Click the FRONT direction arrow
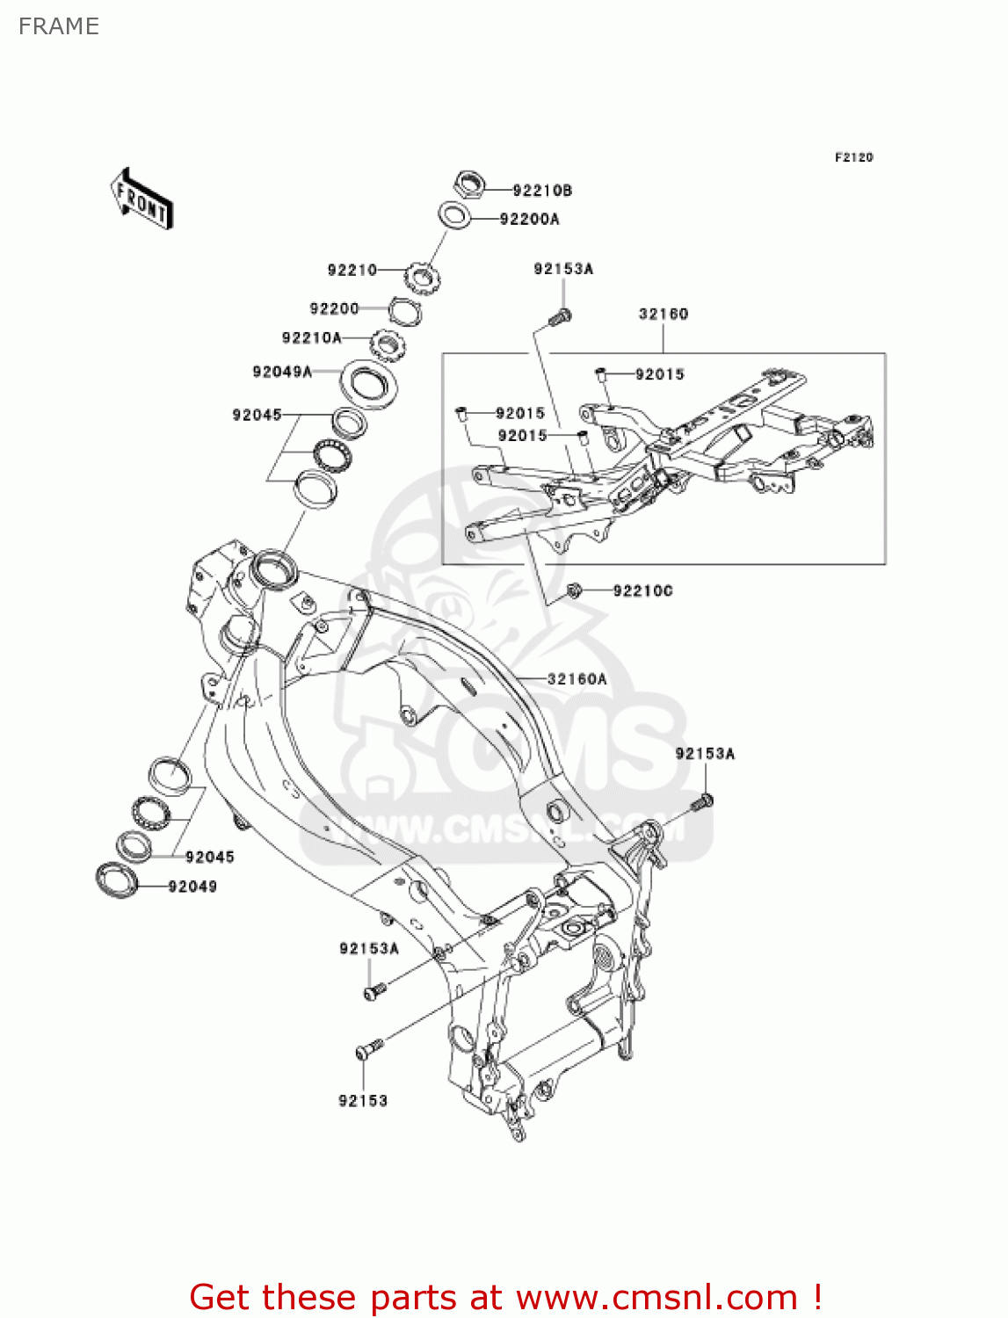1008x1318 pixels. [141, 199]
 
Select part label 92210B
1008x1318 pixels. [542, 191]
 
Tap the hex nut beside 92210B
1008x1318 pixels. [470, 185]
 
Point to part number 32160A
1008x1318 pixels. [577, 679]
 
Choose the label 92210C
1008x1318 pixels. [642, 591]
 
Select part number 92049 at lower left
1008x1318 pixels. [192, 887]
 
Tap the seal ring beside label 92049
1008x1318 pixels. [118, 880]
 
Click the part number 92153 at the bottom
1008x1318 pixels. [363, 1101]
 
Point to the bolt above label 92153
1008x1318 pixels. [369, 1049]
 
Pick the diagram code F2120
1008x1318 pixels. [853, 157]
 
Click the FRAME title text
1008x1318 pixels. [59, 26]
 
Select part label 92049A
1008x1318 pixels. [282, 372]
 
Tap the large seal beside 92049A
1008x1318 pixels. [368, 383]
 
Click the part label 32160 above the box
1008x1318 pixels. [664, 314]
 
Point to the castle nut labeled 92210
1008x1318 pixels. [421, 279]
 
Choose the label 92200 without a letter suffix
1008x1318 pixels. [334, 308]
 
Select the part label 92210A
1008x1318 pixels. [311, 338]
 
